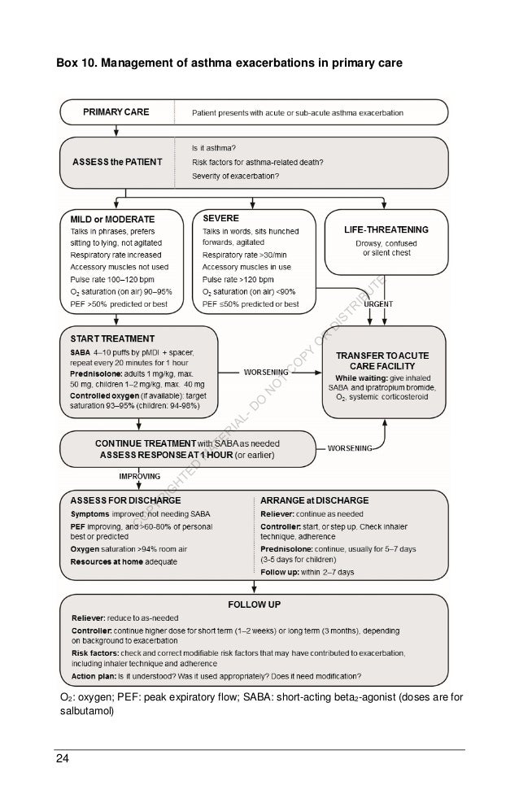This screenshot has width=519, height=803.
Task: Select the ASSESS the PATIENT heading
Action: [x=116, y=161]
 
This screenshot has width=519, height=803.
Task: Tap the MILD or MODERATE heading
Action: [x=112, y=219]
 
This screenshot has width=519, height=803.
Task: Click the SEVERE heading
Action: [x=220, y=219]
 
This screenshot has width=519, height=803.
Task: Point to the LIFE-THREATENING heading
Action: [x=386, y=230]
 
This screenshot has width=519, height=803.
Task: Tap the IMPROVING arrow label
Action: [x=140, y=475]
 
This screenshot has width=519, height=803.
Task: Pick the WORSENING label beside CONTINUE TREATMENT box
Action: [x=350, y=447]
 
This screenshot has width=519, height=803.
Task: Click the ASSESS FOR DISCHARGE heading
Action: [x=125, y=500]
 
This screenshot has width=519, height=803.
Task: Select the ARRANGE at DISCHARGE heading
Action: [x=313, y=500]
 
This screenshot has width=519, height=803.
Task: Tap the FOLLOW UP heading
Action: [x=254, y=606]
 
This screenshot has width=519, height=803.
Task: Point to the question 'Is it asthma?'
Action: [x=214, y=147]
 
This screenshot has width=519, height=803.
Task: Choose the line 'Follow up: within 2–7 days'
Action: [x=307, y=572]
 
